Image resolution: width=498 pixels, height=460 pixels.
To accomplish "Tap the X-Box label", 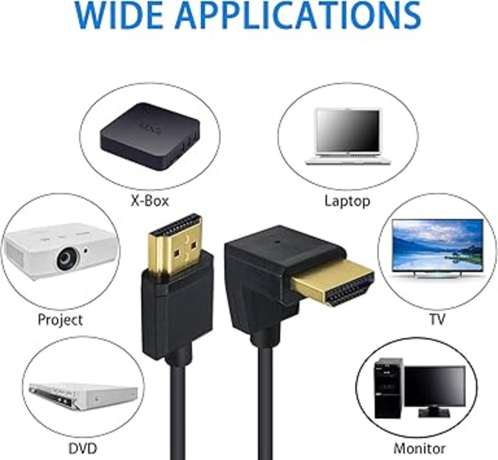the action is pos(150,201).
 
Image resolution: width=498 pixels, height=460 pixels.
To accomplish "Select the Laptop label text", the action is pos(347,201).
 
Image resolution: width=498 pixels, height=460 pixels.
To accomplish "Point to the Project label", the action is pos(60,320).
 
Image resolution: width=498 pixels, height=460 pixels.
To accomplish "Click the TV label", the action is pos(437,319).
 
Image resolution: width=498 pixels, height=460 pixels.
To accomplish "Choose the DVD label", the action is pos(82,448).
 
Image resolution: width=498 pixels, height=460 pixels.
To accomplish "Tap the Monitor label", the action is pos(419,448).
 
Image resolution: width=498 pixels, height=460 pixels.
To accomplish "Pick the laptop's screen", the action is pos(348,130).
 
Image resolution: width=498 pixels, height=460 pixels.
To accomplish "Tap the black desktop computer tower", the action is pos(388,388).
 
